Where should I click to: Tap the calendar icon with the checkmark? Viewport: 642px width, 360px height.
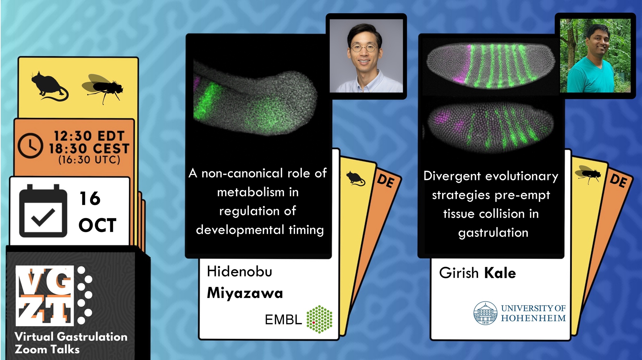[x=43, y=211]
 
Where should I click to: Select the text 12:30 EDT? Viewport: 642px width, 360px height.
[x=89, y=136]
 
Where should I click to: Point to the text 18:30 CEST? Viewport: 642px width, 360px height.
[x=89, y=149]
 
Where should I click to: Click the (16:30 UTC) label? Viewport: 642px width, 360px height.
[x=89, y=160]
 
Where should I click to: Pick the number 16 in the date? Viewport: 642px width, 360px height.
[x=90, y=199]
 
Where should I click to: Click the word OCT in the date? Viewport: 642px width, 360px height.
[x=98, y=225]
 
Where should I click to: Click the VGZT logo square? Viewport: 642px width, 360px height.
[x=45, y=296]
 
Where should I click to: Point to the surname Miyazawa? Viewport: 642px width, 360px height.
[x=245, y=293]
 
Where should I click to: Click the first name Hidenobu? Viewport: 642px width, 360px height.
[x=239, y=271]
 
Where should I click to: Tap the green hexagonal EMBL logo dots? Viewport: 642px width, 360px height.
[x=319, y=319]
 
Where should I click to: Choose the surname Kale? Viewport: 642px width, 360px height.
[x=500, y=273]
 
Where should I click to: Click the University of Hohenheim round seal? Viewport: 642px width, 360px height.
[x=485, y=313]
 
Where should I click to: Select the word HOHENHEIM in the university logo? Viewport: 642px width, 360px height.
[x=534, y=318]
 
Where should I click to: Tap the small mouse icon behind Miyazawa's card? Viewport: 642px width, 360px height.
[x=356, y=178]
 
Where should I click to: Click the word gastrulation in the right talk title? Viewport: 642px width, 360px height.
[x=493, y=233]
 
